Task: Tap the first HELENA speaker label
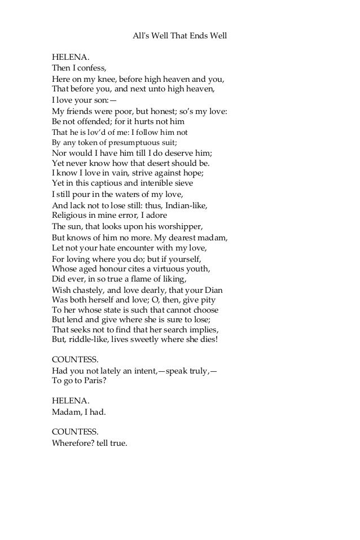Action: (71, 57)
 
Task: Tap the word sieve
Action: (183, 183)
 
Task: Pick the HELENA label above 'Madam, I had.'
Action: (71, 400)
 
